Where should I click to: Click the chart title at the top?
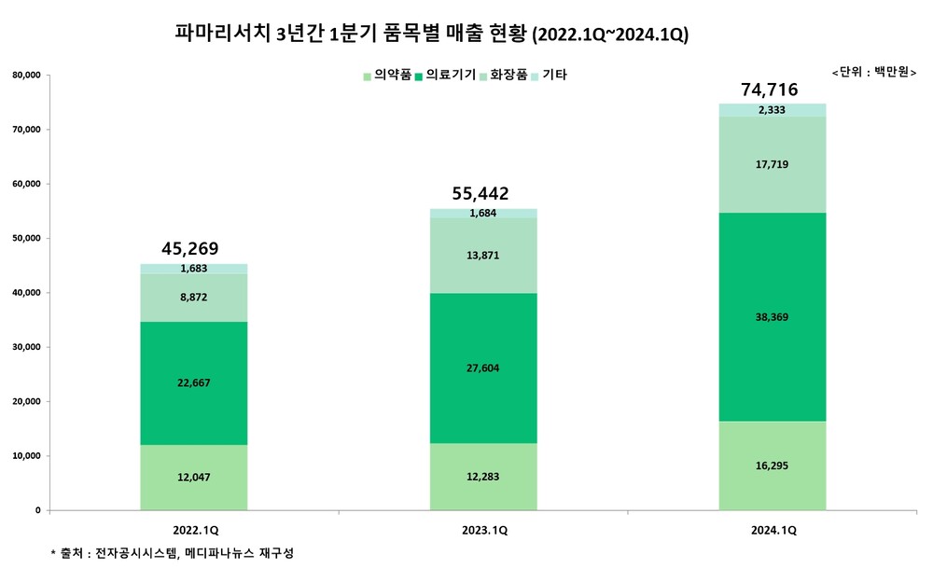click(x=431, y=35)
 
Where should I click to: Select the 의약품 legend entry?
click(x=386, y=75)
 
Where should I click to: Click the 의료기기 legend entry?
click(x=450, y=75)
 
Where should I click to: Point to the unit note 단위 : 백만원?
click(x=872, y=72)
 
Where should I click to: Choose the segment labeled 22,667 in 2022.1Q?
click(x=193, y=383)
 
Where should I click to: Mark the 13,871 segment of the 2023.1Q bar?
click(x=482, y=255)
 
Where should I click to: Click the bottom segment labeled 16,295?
click(x=773, y=465)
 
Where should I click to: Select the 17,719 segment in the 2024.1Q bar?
click(x=773, y=164)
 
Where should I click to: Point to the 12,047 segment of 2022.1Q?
click(x=193, y=478)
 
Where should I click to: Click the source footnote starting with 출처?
click(x=173, y=554)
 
